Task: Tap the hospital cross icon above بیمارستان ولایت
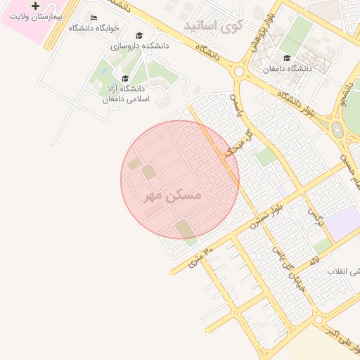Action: [x=36, y=6]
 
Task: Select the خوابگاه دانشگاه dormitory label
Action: [x=94, y=28]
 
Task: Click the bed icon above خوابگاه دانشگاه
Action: [x=94, y=18]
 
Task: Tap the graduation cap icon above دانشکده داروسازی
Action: [x=139, y=35]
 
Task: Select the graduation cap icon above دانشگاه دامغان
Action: [x=286, y=58]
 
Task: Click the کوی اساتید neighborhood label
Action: [x=213, y=26]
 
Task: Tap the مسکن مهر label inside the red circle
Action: [x=173, y=194]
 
